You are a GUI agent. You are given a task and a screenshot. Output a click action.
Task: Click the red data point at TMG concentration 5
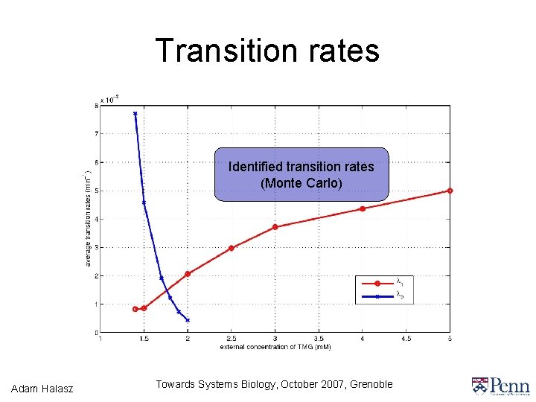(x=450, y=191)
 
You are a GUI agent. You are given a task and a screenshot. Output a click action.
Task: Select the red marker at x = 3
(x=275, y=227)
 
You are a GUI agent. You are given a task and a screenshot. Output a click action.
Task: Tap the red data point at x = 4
(x=363, y=208)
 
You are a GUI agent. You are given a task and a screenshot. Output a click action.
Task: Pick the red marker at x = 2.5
(x=231, y=248)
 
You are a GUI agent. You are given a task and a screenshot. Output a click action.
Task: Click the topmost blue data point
(x=135, y=114)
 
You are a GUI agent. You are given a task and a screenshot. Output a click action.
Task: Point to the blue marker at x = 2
(x=188, y=320)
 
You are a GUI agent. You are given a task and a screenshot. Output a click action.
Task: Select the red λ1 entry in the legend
(x=377, y=283)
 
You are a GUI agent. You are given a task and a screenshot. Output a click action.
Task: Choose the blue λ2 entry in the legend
(x=377, y=296)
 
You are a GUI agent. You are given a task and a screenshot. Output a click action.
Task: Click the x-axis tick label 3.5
(x=319, y=339)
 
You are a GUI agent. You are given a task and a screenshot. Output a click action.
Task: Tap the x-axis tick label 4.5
(x=406, y=339)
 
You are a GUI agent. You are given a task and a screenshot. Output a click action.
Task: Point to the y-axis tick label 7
(x=96, y=134)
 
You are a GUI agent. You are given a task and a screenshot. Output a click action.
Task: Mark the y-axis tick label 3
(x=96, y=247)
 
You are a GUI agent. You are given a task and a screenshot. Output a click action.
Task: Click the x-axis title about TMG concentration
(x=275, y=347)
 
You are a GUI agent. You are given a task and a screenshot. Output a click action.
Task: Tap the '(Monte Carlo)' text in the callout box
(x=301, y=182)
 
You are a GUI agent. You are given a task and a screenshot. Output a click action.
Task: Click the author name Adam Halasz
(x=43, y=387)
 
